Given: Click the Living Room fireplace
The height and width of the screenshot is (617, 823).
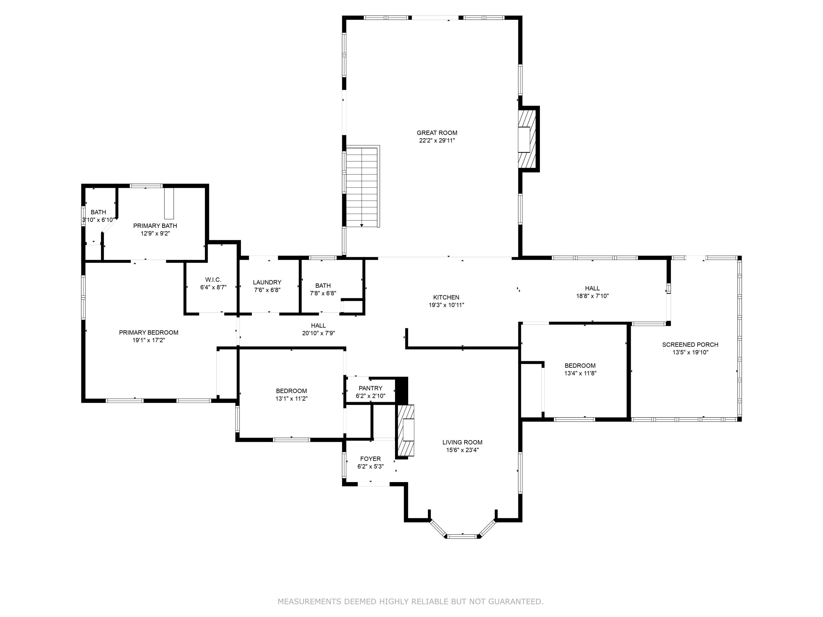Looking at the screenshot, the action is tap(406, 430).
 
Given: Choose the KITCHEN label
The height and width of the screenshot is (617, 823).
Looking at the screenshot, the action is tap(446, 297).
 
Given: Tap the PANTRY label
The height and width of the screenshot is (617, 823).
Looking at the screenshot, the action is tap(371, 388).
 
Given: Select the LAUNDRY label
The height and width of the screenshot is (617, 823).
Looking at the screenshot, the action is tap(267, 282).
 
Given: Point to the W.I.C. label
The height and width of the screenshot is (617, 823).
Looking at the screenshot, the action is tap(213, 280).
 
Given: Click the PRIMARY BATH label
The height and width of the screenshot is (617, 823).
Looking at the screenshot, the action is tap(155, 226).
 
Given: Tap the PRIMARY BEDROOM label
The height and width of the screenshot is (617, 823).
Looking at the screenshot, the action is tap(148, 332).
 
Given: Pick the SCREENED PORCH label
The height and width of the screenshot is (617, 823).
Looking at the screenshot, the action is tap(690, 345).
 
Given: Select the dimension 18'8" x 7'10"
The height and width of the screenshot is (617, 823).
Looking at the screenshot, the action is tap(592, 296).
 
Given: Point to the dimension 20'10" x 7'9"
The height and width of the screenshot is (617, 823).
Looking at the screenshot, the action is tap(319, 333).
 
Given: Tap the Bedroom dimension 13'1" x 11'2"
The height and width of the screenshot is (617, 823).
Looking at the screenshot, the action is tap(291, 399).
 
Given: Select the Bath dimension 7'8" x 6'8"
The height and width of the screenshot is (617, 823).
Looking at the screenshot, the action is tap(323, 293).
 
